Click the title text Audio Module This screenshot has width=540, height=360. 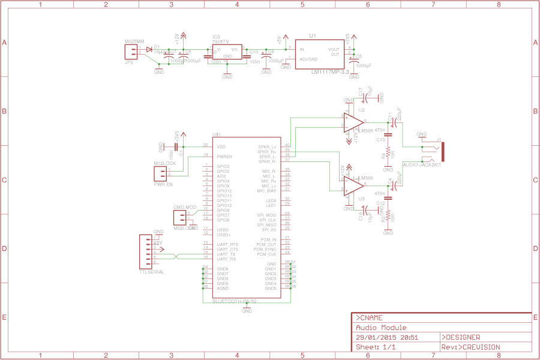381,328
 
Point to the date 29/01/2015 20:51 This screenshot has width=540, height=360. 387,337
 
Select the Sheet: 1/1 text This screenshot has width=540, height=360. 376,347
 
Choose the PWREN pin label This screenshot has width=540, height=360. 224,157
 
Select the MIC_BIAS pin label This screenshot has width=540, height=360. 266,191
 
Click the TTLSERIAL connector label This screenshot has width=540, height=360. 151,272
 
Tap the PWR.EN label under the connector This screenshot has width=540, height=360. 163,185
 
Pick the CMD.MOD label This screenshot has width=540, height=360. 185,207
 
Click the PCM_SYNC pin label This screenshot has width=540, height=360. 265,249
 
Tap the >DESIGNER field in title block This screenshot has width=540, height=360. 461,337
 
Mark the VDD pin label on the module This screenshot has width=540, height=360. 221,146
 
